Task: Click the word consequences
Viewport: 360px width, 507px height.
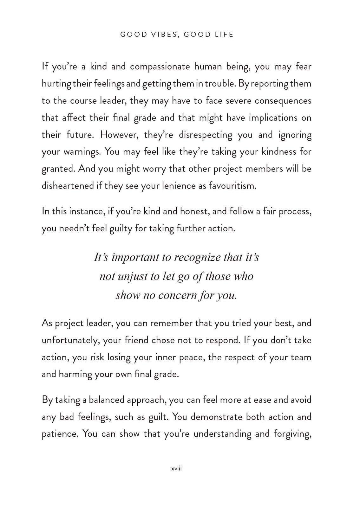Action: (x=283, y=101)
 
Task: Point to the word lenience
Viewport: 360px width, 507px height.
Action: (x=176, y=185)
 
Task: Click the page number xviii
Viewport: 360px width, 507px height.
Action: (x=176, y=469)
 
